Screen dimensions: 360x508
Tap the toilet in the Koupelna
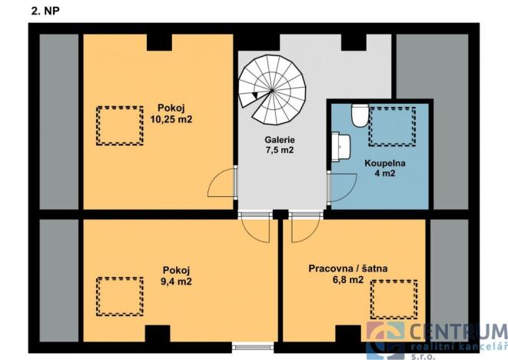click(x=358, y=115)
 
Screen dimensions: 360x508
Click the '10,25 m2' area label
click(x=171, y=119)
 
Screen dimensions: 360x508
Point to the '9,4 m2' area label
click(x=177, y=282)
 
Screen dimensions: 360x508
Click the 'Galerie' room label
click(x=281, y=139)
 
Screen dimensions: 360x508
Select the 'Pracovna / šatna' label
click(x=348, y=268)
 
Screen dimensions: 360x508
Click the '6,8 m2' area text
click(x=347, y=280)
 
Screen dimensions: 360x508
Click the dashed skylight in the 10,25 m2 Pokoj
click(x=118, y=125)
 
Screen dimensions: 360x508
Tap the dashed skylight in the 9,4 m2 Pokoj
click(x=119, y=295)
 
